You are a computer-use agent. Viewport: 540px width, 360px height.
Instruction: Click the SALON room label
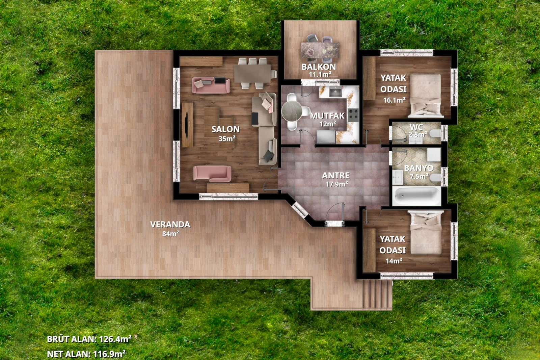pos(226,133)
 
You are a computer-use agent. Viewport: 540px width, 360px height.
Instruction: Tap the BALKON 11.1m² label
pos(319,70)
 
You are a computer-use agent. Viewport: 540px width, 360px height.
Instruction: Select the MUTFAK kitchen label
pos(327,120)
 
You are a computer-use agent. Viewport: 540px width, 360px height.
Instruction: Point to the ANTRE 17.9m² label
pos(336,180)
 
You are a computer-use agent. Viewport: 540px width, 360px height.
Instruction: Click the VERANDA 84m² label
pos(170,229)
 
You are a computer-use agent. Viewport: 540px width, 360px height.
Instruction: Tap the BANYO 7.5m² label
pos(419,172)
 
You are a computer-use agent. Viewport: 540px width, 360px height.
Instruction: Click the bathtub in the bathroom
pos(416,196)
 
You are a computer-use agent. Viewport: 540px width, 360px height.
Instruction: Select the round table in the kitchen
pos(292,111)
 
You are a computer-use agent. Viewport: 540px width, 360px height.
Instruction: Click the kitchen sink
pos(335,92)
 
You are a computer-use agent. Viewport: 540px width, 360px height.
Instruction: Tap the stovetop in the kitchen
pos(353,115)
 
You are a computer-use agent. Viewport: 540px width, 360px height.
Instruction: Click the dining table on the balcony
pos(320,50)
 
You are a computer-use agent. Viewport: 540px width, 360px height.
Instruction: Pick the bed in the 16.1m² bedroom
pos(426,96)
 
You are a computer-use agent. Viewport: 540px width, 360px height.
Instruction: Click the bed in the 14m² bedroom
pos(426,233)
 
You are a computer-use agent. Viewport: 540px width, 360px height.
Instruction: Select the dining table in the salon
pos(253,74)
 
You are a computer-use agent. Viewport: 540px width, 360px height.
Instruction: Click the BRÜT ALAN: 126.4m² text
pos(89,339)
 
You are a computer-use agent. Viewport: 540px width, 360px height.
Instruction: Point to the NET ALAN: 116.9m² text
pos(86,354)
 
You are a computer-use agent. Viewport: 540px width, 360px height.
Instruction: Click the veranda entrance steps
pos(377,294)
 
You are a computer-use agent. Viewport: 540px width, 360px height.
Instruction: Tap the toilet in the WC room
pos(435,133)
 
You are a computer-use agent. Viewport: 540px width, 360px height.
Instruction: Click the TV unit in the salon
pos(187,125)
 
